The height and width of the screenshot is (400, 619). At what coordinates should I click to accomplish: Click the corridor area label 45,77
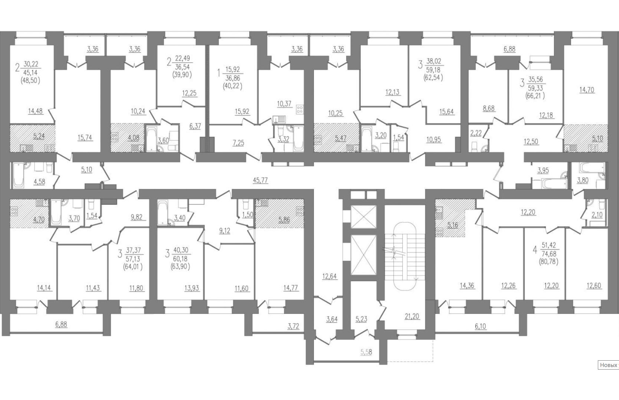[260, 180]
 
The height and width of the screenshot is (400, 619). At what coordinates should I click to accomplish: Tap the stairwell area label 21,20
[412, 316]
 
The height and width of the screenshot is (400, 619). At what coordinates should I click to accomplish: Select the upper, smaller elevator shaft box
[363, 217]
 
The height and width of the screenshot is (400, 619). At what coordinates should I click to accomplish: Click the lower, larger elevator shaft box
[363, 255]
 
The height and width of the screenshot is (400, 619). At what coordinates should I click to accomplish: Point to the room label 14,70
[587, 90]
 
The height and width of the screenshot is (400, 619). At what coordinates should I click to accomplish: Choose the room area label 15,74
[85, 138]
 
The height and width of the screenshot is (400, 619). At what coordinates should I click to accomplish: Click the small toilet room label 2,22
[476, 133]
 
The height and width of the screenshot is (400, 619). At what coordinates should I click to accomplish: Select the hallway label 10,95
[433, 140]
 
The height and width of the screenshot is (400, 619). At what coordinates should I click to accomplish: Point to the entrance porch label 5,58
[366, 352]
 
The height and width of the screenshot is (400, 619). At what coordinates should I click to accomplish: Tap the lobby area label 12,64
[330, 276]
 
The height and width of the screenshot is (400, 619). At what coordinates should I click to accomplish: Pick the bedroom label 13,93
[191, 288]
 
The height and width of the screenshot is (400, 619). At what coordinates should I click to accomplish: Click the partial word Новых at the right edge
[609, 365]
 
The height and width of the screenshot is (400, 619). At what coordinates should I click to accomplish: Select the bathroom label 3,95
[543, 170]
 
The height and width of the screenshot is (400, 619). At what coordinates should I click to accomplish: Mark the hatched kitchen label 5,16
[452, 225]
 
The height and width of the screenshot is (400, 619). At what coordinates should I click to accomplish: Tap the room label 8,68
[489, 109]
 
